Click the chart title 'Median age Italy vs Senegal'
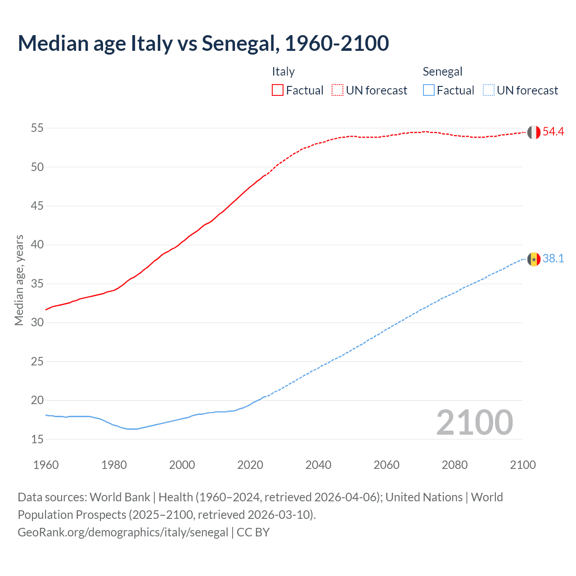click(x=203, y=43)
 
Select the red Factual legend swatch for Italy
click(x=278, y=90)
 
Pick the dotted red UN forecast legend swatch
click(x=337, y=90)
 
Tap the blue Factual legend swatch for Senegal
click(x=428, y=90)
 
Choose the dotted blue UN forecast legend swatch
click(x=488, y=90)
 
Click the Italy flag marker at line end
click(x=534, y=132)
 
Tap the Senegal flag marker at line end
click(x=534, y=259)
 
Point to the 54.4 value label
click(x=553, y=131)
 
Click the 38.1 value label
click(x=553, y=258)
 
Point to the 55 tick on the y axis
click(x=37, y=128)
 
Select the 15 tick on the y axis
click(x=37, y=439)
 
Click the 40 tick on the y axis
click(x=37, y=245)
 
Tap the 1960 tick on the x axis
click(x=46, y=465)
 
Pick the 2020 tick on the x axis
click(x=250, y=465)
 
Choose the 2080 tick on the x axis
click(x=454, y=465)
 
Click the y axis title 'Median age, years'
click(x=19, y=280)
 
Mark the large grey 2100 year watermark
click(x=474, y=422)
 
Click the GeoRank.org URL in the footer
click(x=123, y=532)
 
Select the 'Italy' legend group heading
click(x=283, y=72)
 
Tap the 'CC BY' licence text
click(x=253, y=532)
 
